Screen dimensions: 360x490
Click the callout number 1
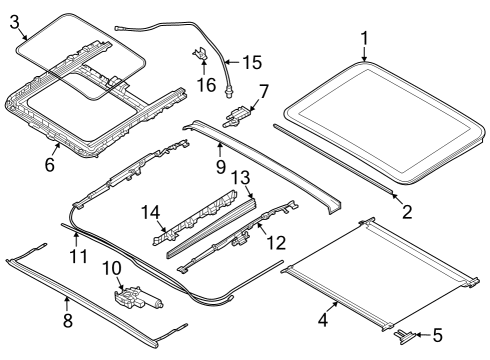click(365, 40)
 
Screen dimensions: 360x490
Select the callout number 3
click(15, 22)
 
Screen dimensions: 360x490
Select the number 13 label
click(240, 177)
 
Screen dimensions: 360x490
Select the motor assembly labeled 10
click(132, 297)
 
